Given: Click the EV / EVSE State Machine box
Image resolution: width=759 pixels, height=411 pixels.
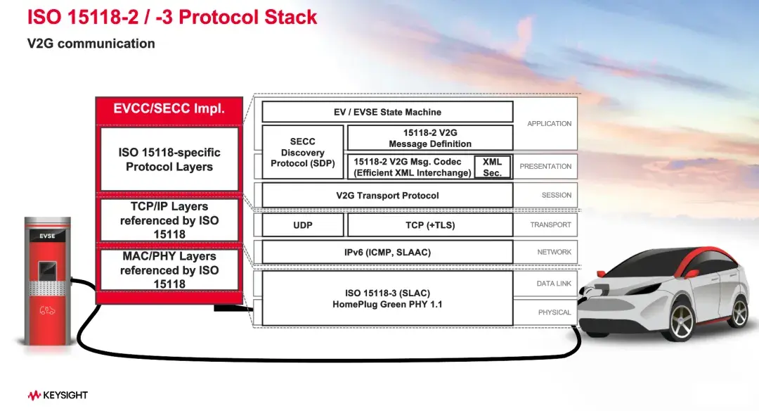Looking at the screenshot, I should [387, 112].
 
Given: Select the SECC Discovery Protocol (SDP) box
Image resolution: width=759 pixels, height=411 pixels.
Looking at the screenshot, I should [303, 153].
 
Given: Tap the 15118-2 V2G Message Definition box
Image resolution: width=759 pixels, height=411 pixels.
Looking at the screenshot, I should [430, 138].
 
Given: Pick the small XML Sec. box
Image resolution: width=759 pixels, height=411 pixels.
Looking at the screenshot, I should [492, 167].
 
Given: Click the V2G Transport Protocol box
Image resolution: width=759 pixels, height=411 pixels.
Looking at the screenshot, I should [387, 196].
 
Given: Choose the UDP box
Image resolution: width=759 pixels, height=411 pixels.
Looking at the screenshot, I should [303, 225].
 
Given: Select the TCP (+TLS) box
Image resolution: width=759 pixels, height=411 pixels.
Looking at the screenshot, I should [430, 225].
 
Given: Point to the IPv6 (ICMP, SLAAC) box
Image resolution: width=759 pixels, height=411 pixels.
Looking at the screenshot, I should [387, 252].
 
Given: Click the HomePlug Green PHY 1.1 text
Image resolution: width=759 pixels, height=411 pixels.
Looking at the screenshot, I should [387, 305].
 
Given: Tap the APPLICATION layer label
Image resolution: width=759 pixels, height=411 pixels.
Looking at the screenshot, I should [549, 124].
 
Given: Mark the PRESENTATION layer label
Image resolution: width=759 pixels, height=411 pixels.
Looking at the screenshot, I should [545, 167].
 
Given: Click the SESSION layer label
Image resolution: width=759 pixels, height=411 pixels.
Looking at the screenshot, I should [556, 196].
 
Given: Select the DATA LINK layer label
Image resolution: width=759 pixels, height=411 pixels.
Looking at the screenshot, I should [554, 284].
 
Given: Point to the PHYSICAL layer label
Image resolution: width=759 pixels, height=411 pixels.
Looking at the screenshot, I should [554, 312].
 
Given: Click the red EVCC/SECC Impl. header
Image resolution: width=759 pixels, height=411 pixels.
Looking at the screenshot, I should [169, 109].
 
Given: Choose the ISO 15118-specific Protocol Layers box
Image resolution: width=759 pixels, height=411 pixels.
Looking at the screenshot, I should [169, 160].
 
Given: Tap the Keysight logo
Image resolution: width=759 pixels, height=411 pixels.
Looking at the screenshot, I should [58, 396].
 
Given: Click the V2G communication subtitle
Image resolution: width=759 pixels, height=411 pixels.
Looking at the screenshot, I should [91, 44].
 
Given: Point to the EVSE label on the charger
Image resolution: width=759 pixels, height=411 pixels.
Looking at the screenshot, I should [48, 236].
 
